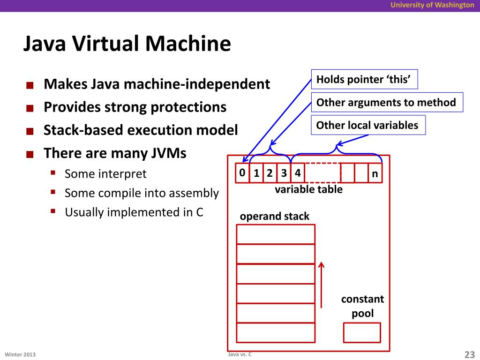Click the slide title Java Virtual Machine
(x=127, y=44)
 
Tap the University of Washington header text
(x=432, y=5)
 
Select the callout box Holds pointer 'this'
(x=364, y=79)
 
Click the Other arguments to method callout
(x=387, y=102)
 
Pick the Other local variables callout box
(x=368, y=125)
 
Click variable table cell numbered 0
(x=242, y=173)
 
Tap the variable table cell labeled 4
(x=298, y=173)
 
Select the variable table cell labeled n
(x=375, y=173)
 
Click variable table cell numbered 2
(x=270, y=173)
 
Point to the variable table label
(x=308, y=189)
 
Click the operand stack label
(x=275, y=217)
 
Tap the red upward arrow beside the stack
(x=321, y=285)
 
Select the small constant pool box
(x=362, y=332)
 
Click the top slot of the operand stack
(x=276, y=234)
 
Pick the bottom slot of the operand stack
(x=276, y=332)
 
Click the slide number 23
(x=469, y=354)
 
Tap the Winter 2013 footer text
(x=20, y=354)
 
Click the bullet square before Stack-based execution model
(x=30, y=131)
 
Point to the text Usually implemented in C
(x=134, y=212)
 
